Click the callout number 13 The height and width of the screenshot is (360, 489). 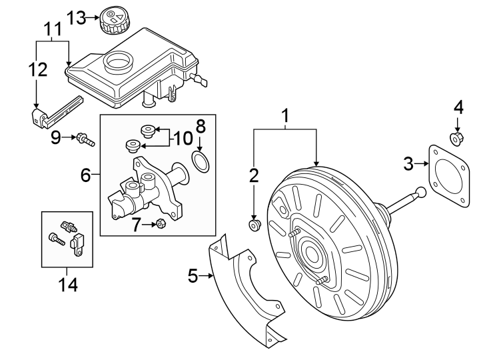tap(77, 18)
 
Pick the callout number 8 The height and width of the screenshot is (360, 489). tap(201, 125)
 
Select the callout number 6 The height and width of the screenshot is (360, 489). tap(85, 175)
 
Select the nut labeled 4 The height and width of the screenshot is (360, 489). tap(456, 139)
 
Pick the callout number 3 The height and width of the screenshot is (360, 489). tap(408, 162)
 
